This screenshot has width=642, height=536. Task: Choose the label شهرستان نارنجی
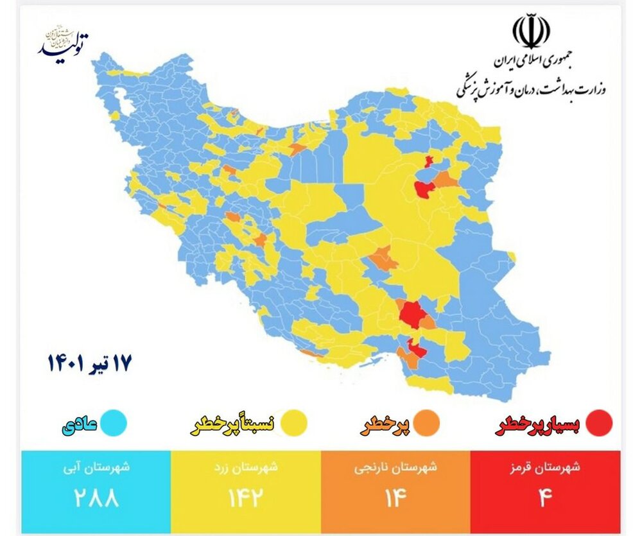(x=396, y=468)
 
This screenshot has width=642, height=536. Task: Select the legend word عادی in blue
(x=79, y=425)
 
